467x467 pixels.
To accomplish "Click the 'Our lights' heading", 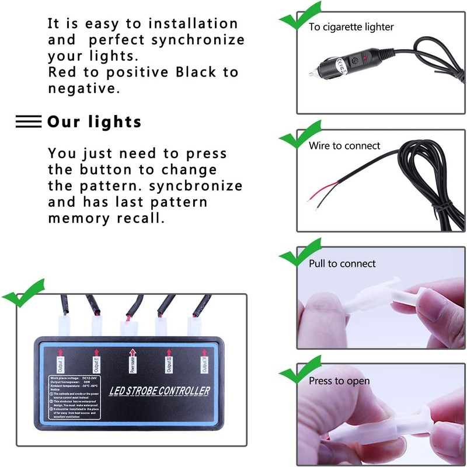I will tap(94, 121).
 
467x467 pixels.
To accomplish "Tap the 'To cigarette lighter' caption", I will tap(351, 27).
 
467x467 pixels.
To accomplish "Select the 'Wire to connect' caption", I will tap(344, 146).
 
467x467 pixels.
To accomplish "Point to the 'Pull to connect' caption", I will tap(342, 264).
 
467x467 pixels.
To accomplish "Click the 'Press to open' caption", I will tap(339, 381).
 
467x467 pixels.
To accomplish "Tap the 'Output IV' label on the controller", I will tap(204, 365).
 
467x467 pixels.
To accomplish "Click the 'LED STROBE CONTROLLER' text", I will tap(159, 391).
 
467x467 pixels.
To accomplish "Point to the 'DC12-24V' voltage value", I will tap(93, 379).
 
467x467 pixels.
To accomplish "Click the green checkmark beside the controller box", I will tap(22, 293).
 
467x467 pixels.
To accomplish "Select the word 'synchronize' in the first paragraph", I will tap(198, 41).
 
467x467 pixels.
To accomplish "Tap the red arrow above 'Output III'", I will tap(168, 351).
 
